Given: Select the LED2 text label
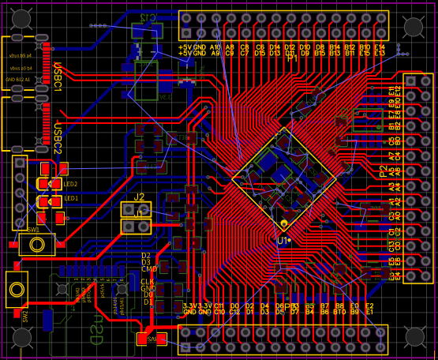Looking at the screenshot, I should [71, 184].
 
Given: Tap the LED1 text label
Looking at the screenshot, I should [71, 198].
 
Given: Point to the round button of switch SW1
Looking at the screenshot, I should [37, 244].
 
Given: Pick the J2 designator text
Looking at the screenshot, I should [139, 197].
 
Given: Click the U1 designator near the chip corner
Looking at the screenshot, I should [283, 240].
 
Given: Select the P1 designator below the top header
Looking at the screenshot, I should [293, 58].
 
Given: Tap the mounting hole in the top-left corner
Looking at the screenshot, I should [21, 20].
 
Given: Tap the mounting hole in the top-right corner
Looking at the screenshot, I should [414, 27].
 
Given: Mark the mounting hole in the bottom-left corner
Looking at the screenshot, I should [21, 338].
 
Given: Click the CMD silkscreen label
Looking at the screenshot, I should [148, 269].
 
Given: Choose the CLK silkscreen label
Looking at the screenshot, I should [148, 282].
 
